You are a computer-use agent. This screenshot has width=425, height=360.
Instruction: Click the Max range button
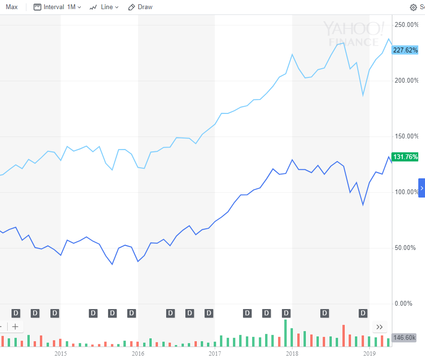(12, 7)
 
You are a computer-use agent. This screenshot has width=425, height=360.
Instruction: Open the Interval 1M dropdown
(57, 7)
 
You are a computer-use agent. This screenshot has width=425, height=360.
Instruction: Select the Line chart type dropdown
(104, 7)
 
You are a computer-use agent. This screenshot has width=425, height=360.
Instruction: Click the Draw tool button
(140, 7)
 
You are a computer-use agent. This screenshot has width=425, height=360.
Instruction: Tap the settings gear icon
(413, 7)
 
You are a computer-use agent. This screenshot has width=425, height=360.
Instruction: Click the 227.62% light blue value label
(405, 50)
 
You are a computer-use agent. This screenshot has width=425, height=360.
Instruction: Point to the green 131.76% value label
(405, 157)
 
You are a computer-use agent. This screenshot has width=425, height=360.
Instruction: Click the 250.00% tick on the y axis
(406, 25)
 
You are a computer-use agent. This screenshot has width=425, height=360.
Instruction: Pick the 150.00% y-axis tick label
(406, 136)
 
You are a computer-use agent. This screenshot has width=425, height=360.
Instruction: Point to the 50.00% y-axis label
(405, 248)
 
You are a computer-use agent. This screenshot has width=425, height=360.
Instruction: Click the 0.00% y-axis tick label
(403, 303)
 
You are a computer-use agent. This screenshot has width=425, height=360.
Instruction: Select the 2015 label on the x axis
(61, 353)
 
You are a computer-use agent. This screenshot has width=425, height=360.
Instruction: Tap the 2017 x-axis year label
(215, 353)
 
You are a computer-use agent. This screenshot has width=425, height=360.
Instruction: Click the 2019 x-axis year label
(369, 353)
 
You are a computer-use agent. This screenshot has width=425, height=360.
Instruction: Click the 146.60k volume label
(404, 337)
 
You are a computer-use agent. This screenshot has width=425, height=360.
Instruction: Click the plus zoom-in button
(15, 327)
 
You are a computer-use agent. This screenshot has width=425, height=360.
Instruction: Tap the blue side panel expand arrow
(422, 188)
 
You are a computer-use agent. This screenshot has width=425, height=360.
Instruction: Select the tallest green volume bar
(285, 333)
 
